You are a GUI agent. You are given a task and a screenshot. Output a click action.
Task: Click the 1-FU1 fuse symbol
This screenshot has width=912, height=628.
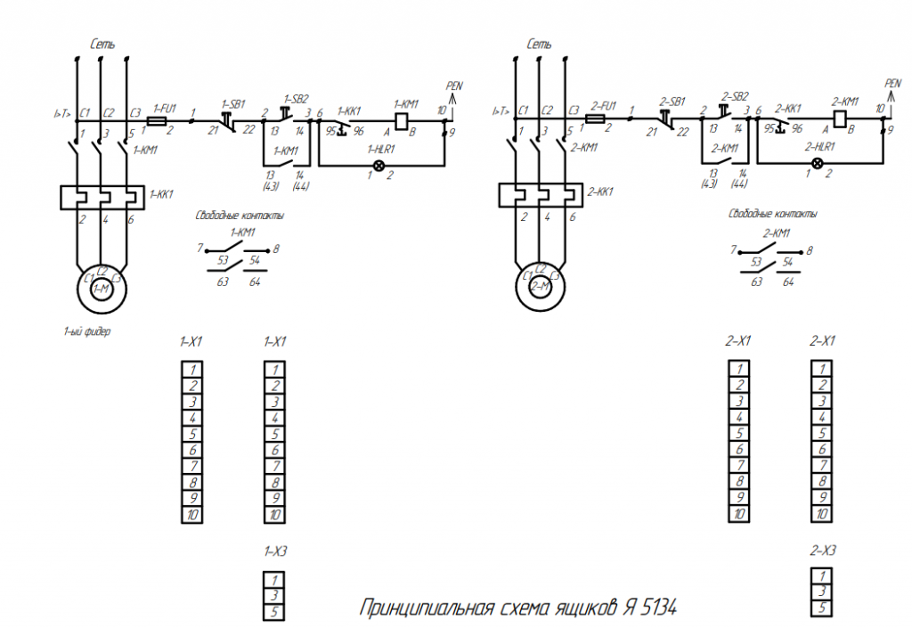[x=159, y=118]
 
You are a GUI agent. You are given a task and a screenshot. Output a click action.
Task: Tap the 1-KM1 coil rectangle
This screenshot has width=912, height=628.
[x=401, y=118]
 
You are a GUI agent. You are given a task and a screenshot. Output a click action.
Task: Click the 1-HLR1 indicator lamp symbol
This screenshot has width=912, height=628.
[x=379, y=167]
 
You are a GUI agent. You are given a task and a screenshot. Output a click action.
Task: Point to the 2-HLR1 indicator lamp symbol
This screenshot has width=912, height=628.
[x=818, y=163]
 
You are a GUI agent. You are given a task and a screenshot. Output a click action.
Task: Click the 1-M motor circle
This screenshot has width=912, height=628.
[x=102, y=288]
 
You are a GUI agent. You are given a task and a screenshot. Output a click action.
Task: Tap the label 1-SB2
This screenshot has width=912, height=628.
[x=297, y=98]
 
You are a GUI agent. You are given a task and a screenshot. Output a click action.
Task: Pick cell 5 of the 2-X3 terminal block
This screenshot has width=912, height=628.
[x=823, y=608]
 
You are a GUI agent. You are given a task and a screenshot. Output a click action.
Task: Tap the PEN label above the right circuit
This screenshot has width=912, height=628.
[x=892, y=83]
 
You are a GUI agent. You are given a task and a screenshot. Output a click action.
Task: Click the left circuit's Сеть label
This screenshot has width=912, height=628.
[x=102, y=44]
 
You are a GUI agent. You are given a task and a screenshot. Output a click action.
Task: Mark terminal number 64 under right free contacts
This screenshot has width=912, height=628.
[x=788, y=281]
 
